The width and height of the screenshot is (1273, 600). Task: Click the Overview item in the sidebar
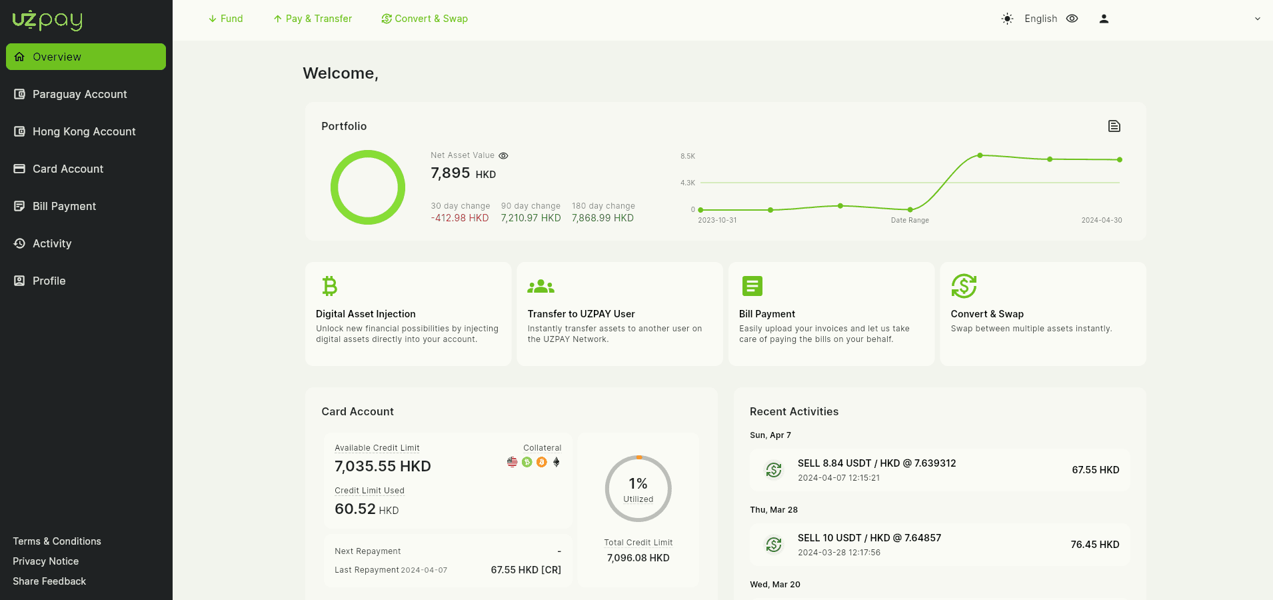[86, 57]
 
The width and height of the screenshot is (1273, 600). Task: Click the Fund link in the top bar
[225, 19]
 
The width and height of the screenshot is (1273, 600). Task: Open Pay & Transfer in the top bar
[313, 19]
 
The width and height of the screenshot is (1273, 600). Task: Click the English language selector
[1040, 19]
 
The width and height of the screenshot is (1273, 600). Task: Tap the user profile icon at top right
[1104, 19]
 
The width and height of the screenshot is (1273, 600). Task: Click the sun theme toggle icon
[1007, 19]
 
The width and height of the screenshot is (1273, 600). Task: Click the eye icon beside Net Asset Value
[504, 156]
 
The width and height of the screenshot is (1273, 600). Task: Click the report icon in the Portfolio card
[1114, 126]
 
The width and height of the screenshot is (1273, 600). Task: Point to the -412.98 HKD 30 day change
[460, 218]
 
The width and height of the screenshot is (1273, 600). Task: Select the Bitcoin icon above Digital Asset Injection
[329, 286]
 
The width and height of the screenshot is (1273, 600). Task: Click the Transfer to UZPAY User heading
[581, 314]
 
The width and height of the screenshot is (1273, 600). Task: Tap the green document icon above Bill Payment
[752, 286]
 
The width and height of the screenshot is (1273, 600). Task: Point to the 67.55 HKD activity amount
[1096, 470]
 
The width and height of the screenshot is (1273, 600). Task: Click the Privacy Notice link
[46, 561]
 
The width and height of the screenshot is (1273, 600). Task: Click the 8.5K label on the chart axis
[688, 156]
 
